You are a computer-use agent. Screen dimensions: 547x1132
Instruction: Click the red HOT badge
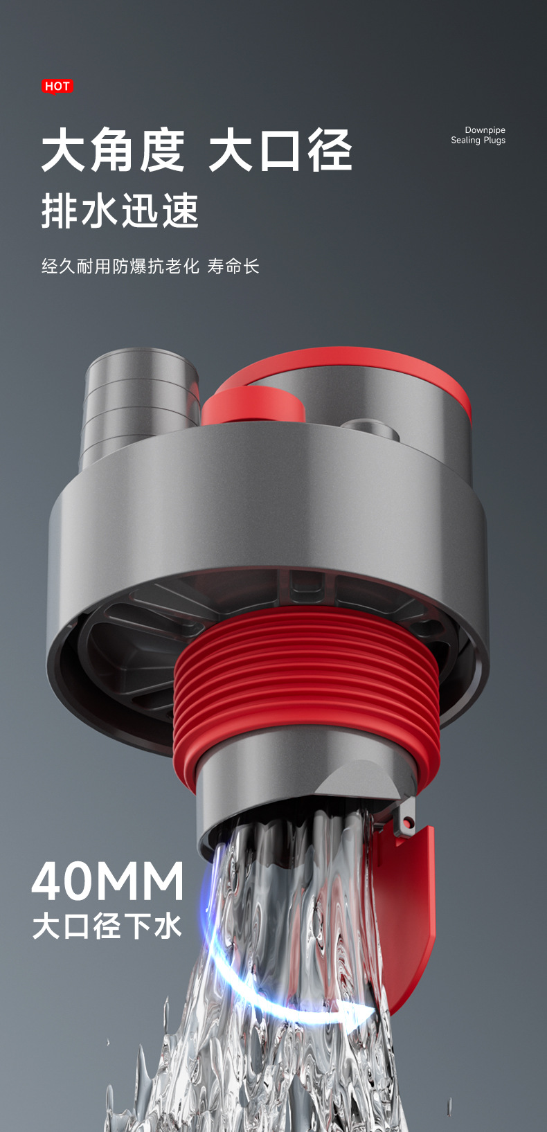click(57, 87)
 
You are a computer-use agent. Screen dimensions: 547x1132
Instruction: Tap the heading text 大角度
click(114, 150)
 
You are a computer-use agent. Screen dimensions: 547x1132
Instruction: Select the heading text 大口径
click(280, 150)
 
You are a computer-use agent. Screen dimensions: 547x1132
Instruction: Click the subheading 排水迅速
click(120, 210)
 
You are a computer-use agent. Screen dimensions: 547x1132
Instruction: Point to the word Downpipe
click(485, 130)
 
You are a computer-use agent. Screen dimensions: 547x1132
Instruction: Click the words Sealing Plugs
click(478, 141)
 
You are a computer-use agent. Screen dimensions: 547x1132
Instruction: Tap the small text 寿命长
click(233, 266)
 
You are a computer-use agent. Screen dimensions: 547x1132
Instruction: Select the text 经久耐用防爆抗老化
click(120, 266)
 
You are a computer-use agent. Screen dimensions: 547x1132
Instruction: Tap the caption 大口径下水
click(107, 926)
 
